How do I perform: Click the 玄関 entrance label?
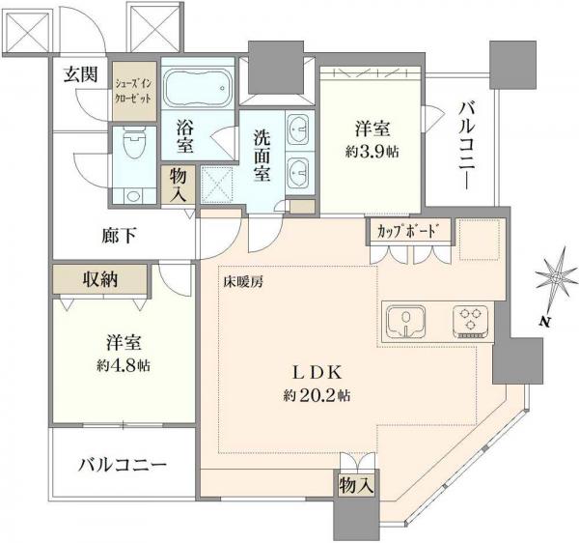(81, 75)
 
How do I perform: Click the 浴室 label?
(185, 136)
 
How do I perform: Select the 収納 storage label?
(99, 280)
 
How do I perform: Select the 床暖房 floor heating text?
(246, 282)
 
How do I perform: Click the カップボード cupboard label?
(409, 232)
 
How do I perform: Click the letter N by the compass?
(545, 322)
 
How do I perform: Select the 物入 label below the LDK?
(356, 483)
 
